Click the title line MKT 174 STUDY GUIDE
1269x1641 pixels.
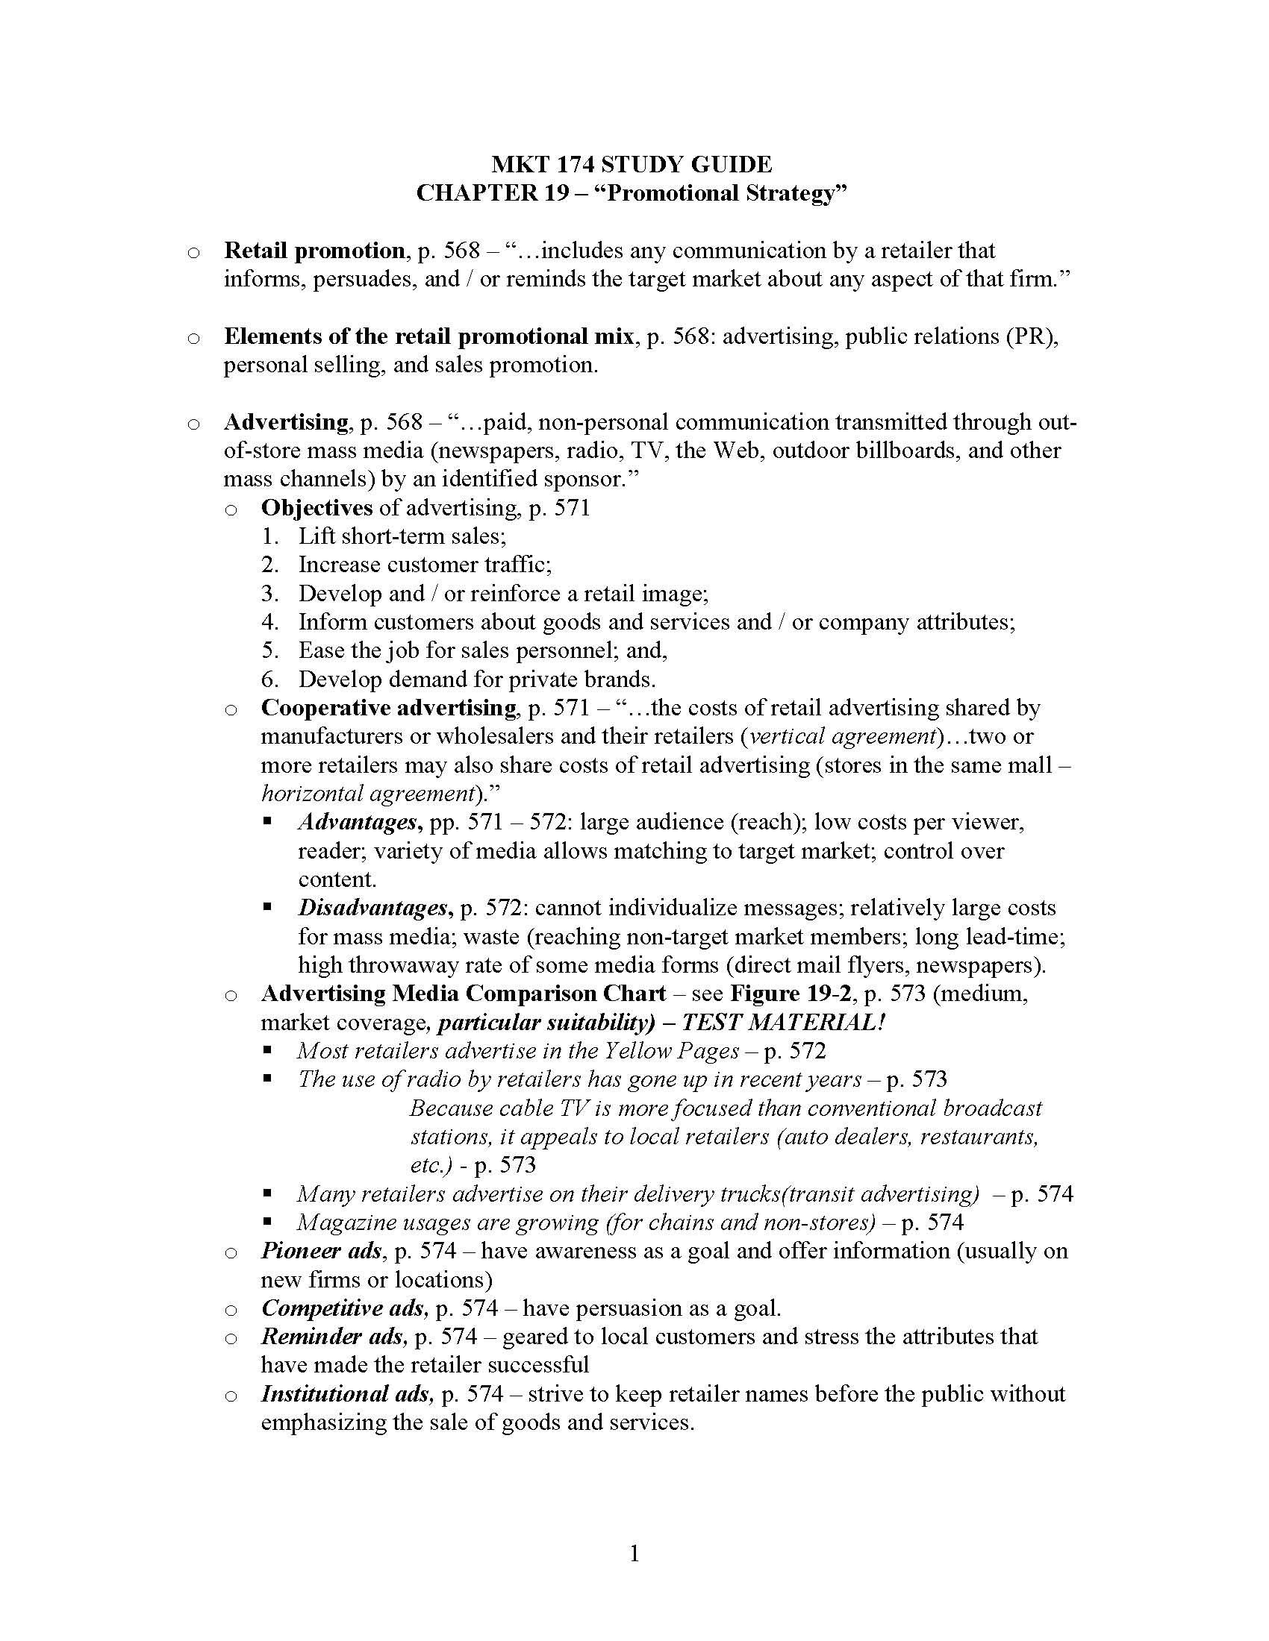click(x=632, y=165)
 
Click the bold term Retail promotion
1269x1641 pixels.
click(x=314, y=250)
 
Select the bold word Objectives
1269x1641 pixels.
click(x=317, y=508)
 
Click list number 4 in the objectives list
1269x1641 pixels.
click(x=270, y=622)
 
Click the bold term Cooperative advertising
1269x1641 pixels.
click(x=388, y=708)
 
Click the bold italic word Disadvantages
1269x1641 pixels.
click(x=375, y=909)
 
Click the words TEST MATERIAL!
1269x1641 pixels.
click(x=782, y=1023)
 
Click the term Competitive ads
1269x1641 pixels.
click(x=344, y=1308)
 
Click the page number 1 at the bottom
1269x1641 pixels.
click(x=634, y=1553)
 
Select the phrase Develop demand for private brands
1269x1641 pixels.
click(x=477, y=680)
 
